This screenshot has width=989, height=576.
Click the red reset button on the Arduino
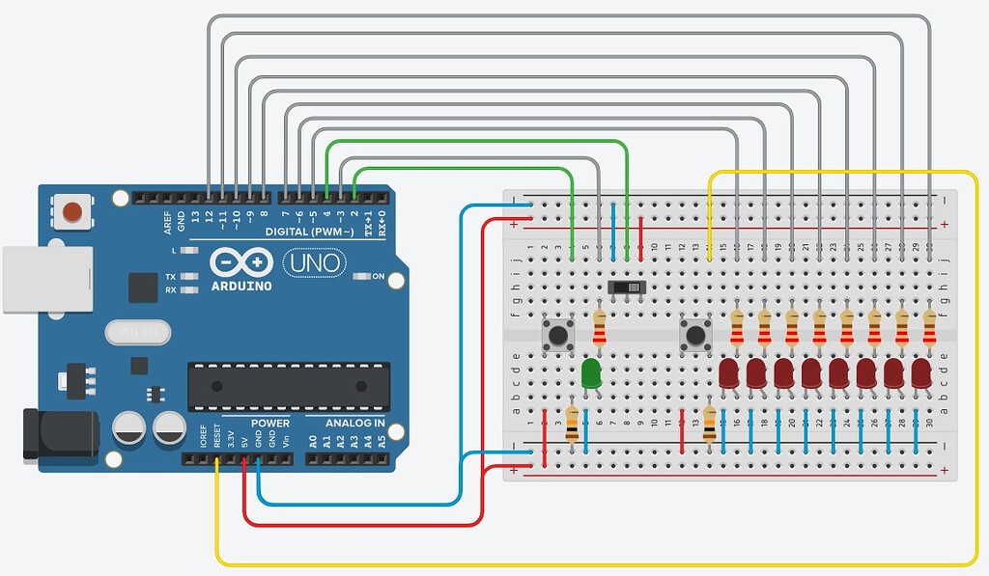pyautogui.click(x=71, y=210)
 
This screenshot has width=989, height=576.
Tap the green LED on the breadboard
pyautogui.click(x=591, y=373)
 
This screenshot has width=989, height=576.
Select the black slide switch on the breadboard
pyautogui.click(x=627, y=288)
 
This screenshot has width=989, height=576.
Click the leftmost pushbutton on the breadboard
pyautogui.click(x=557, y=336)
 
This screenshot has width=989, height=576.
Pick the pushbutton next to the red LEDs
pyautogui.click(x=694, y=336)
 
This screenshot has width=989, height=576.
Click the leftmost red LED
pyautogui.click(x=729, y=373)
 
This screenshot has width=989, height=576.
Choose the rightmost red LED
pyautogui.click(x=921, y=373)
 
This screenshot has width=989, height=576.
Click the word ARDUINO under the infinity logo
pyautogui.click(x=241, y=286)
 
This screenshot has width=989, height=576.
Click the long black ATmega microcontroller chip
pyautogui.click(x=289, y=382)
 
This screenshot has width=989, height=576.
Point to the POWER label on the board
pyautogui.click(x=270, y=424)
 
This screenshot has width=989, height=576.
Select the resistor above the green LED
pyautogui.click(x=600, y=328)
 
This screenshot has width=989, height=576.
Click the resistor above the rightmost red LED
pyautogui.click(x=929, y=328)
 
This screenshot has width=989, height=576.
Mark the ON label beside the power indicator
pyautogui.click(x=378, y=277)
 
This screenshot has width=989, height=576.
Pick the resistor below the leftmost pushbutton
pyautogui.click(x=572, y=425)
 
